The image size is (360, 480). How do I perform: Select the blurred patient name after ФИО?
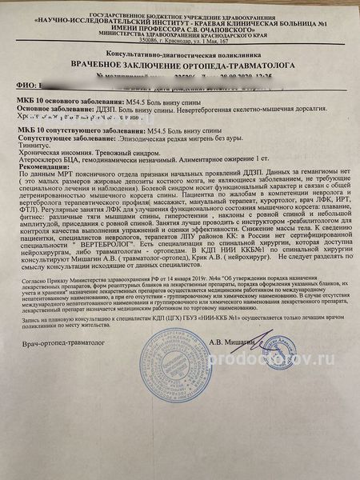(x=88, y=83)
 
